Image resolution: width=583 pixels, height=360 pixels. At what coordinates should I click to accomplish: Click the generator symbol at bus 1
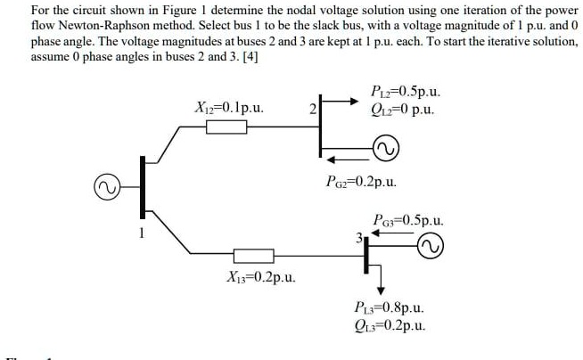pyautogui.click(x=108, y=188)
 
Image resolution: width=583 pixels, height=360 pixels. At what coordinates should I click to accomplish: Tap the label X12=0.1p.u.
pyautogui.click(x=227, y=108)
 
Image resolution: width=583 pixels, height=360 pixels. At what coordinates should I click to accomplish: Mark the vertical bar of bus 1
pyautogui.click(x=140, y=187)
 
